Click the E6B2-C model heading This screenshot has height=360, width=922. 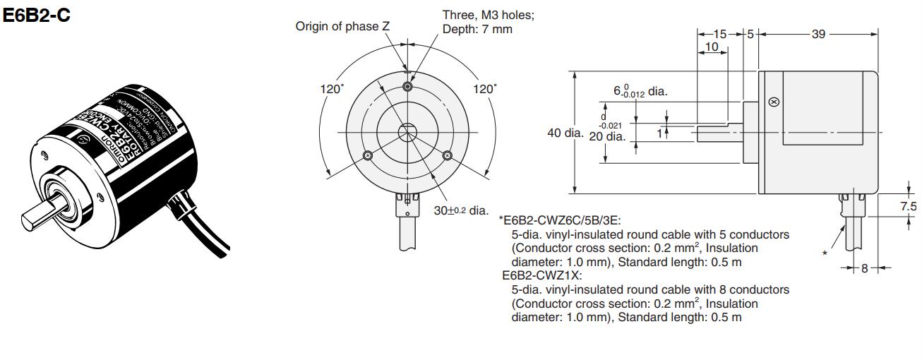pyautogui.click(x=37, y=15)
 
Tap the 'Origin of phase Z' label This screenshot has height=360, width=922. pyautogui.click(x=342, y=27)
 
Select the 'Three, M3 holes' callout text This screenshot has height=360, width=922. pyautogui.click(x=488, y=15)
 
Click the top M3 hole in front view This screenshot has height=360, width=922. pyautogui.click(x=407, y=86)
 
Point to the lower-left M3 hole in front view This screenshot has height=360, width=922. pyautogui.click(x=366, y=155)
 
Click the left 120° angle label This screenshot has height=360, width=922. pyautogui.click(x=332, y=89)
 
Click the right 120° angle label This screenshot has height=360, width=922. pyautogui.click(x=485, y=89)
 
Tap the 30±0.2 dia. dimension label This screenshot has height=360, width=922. pyautogui.click(x=460, y=210)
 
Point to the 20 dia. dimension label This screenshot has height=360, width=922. pyautogui.click(x=606, y=136)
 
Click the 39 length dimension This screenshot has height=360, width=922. pyautogui.click(x=818, y=33)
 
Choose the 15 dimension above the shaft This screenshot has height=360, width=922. pyautogui.click(x=719, y=33)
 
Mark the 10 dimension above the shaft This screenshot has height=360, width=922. pyautogui.click(x=711, y=47)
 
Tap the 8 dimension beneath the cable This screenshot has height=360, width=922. pyautogui.click(x=864, y=268)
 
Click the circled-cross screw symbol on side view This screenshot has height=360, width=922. pyautogui.click(x=774, y=102)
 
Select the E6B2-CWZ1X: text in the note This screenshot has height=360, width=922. pyautogui.click(x=541, y=276)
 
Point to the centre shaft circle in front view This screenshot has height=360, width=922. pyautogui.click(x=407, y=132)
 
